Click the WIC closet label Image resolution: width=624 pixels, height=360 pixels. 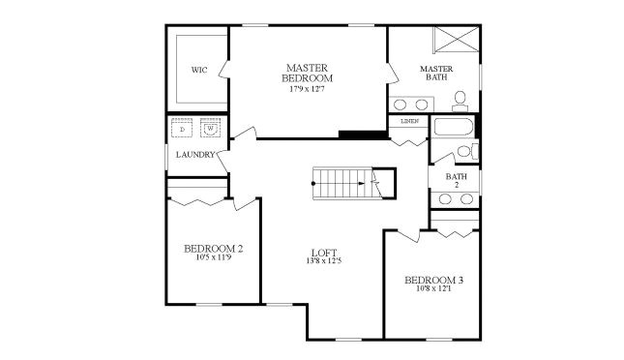pyautogui.click(x=199, y=70)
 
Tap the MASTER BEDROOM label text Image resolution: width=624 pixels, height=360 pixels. pyautogui.click(x=310, y=73)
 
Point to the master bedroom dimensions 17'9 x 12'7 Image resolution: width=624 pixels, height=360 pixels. pyautogui.click(x=310, y=89)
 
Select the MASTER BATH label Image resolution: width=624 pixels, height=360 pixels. pyautogui.click(x=436, y=74)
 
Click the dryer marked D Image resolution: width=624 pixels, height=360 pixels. pyautogui.click(x=183, y=129)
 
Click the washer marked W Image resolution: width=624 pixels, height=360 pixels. pyautogui.click(x=209, y=129)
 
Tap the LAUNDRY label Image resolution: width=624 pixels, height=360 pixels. pyautogui.click(x=194, y=155)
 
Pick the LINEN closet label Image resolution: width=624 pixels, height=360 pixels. pyautogui.click(x=409, y=121)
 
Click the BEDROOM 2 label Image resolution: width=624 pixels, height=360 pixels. pyautogui.click(x=213, y=249)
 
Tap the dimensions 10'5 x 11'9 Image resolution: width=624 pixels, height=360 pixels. pyautogui.click(x=213, y=258)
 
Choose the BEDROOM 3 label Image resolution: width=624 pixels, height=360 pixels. pyautogui.click(x=433, y=281)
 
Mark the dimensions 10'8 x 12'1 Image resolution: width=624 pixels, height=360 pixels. pyautogui.click(x=433, y=290)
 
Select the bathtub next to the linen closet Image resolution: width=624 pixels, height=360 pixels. pyautogui.click(x=453, y=128)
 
